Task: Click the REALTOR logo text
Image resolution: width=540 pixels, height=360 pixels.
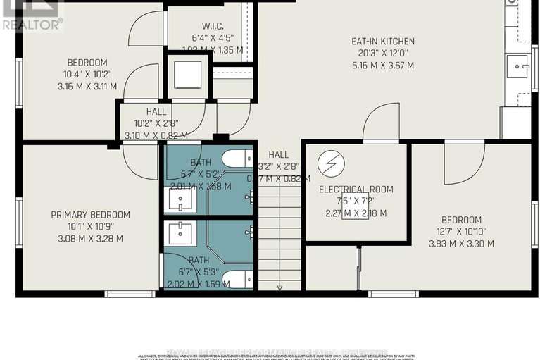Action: (x=32, y=24)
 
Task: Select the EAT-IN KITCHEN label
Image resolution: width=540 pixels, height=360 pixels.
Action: (x=382, y=42)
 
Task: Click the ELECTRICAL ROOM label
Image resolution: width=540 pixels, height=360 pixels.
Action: (x=356, y=189)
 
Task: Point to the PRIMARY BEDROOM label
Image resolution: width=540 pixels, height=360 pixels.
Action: (x=90, y=214)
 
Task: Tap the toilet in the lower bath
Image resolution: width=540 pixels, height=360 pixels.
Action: (x=238, y=278)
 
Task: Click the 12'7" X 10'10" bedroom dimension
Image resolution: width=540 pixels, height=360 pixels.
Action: (x=461, y=232)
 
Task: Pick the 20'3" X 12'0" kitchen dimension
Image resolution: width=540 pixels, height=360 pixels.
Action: (x=382, y=54)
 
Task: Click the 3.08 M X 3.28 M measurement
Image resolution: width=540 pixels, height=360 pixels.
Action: (x=90, y=238)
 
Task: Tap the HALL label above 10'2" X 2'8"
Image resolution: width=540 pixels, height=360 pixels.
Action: (x=156, y=111)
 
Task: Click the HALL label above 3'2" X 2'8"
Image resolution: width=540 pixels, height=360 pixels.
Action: (x=278, y=155)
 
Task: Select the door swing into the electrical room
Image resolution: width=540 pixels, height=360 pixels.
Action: (x=381, y=123)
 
